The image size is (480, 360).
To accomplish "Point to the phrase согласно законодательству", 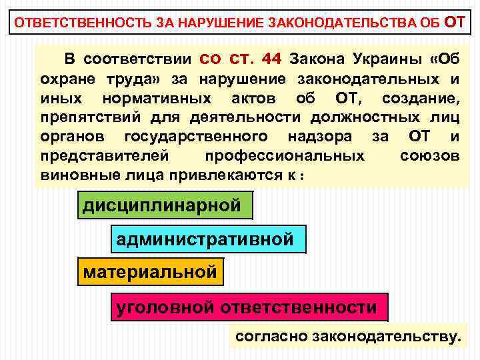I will pyautogui.click(x=347, y=337).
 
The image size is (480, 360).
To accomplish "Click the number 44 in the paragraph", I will pyautogui.click(x=272, y=59).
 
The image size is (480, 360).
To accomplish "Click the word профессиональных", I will pyautogui.click(x=285, y=156).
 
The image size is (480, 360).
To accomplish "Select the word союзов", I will pyautogui.click(x=429, y=156).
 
